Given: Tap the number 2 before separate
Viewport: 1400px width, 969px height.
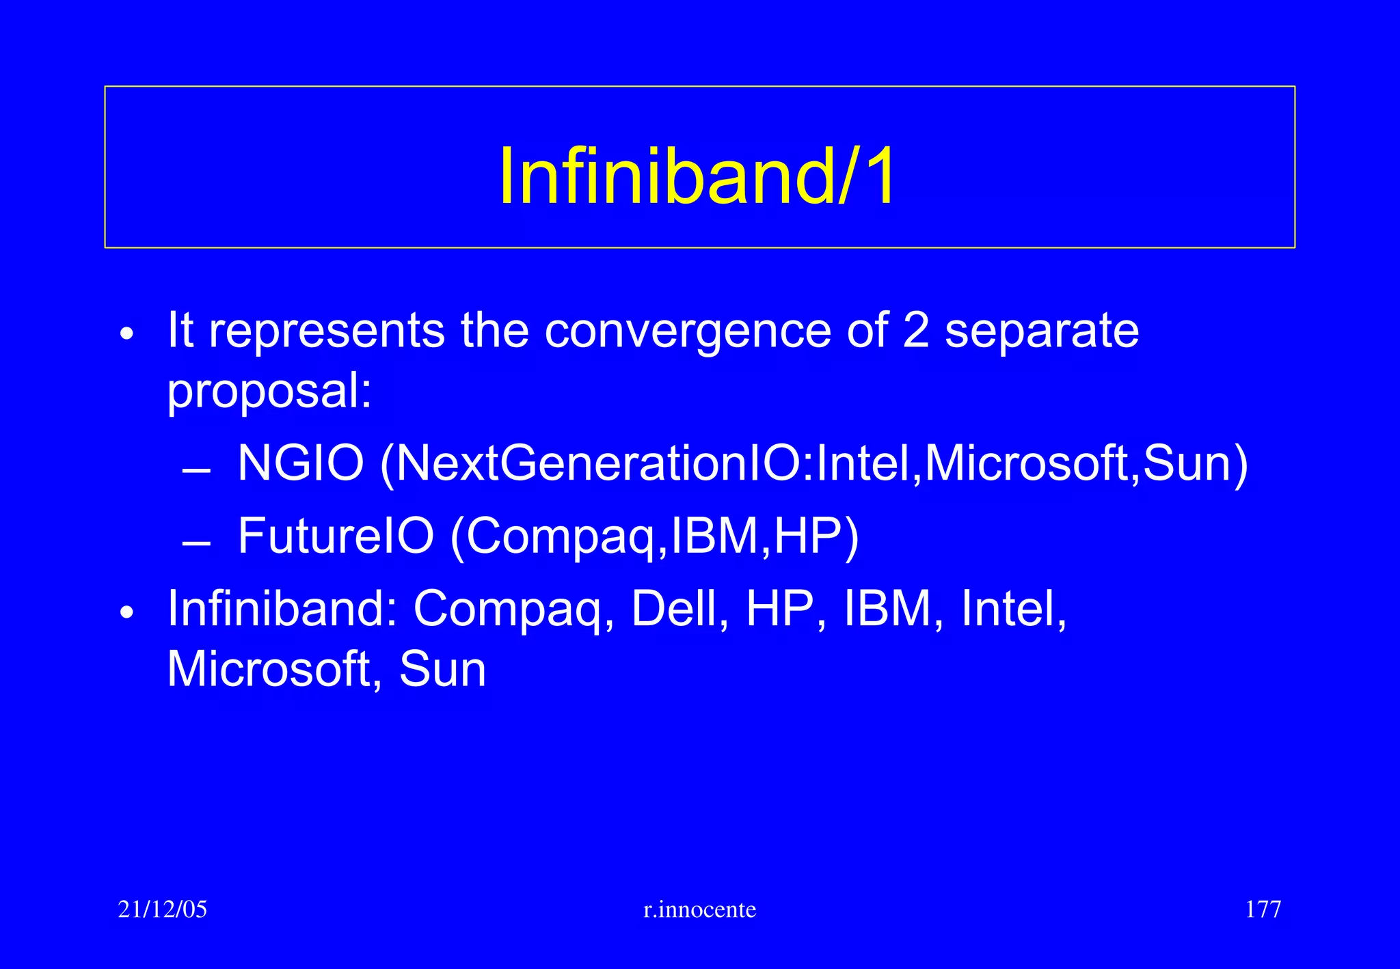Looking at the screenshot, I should click(x=915, y=331).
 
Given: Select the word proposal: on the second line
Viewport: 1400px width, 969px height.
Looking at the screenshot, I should click(x=270, y=392).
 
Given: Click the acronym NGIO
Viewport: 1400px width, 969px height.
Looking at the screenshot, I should click(x=300, y=464).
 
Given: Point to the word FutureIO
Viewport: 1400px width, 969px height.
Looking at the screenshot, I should click(x=336, y=536).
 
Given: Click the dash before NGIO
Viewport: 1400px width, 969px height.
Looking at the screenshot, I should click(x=196, y=472).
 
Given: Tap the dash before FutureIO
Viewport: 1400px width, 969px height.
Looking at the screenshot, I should click(x=196, y=545).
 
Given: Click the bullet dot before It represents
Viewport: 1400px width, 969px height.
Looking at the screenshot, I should click(x=127, y=335).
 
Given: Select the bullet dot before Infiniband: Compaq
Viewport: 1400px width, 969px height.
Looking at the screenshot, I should click(x=127, y=612).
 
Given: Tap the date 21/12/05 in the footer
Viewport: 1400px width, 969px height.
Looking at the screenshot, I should click(x=162, y=910).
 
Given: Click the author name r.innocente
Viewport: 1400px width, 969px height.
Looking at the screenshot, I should click(x=699, y=910).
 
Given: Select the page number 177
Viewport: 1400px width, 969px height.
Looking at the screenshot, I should click(x=1263, y=910).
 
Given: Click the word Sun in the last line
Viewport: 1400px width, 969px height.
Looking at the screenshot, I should click(x=442, y=669).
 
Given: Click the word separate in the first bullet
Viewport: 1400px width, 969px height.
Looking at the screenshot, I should click(x=1042, y=331).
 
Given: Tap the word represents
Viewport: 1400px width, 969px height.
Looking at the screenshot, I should click(x=327, y=331).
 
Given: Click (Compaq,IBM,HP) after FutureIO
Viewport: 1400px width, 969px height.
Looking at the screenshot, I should click(x=654, y=536).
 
